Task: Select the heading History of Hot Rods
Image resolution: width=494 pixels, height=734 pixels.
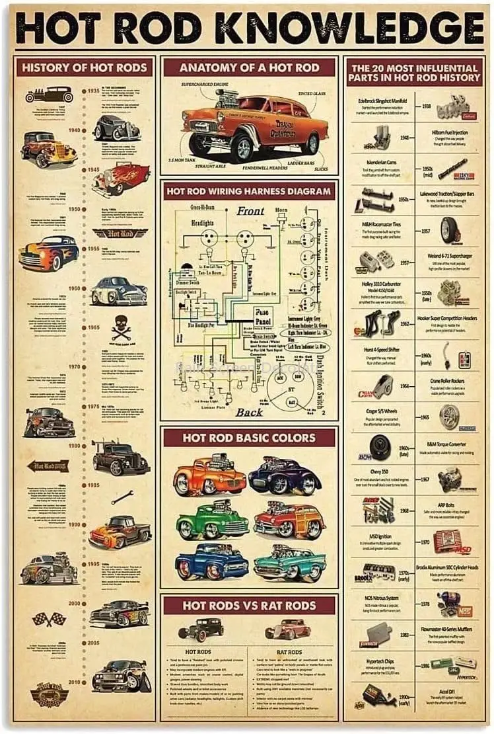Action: click(84, 67)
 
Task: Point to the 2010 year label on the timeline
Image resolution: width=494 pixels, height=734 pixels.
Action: click(73, 681)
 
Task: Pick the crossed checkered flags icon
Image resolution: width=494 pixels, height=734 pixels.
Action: click(50, 620)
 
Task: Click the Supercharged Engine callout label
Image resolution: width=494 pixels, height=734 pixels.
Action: click(206, 85)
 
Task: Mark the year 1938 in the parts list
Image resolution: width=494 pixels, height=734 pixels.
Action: click(427, 106)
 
